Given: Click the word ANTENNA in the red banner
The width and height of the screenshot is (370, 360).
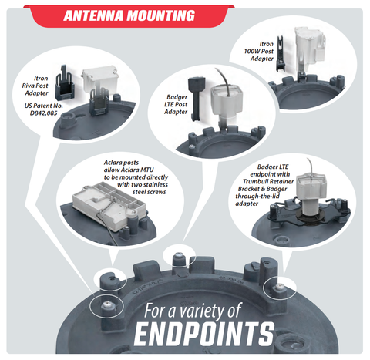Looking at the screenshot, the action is pos(93,15).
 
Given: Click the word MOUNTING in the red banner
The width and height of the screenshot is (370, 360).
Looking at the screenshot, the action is pos(161,15).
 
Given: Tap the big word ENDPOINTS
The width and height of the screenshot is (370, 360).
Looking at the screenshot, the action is pos(204,334).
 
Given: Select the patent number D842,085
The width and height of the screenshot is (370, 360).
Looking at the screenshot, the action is pos(44,113).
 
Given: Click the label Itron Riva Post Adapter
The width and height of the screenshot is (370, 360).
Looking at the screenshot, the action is pos(35,86).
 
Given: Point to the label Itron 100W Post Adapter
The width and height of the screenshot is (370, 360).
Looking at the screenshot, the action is pos(259,52).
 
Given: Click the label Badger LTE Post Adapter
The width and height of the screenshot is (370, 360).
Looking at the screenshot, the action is pos(177,104).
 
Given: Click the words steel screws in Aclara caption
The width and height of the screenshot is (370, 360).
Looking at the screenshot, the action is pos(150,192).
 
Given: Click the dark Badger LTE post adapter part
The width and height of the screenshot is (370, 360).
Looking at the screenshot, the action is pos(197,98).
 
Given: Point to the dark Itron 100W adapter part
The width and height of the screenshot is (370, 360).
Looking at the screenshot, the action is pos(281,53).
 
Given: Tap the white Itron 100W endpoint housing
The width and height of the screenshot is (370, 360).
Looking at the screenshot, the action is pos(309,46).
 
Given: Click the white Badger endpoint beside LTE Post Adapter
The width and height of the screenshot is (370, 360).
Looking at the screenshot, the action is pos(227,104).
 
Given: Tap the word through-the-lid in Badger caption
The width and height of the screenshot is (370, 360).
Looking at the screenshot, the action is pos(257,197).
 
